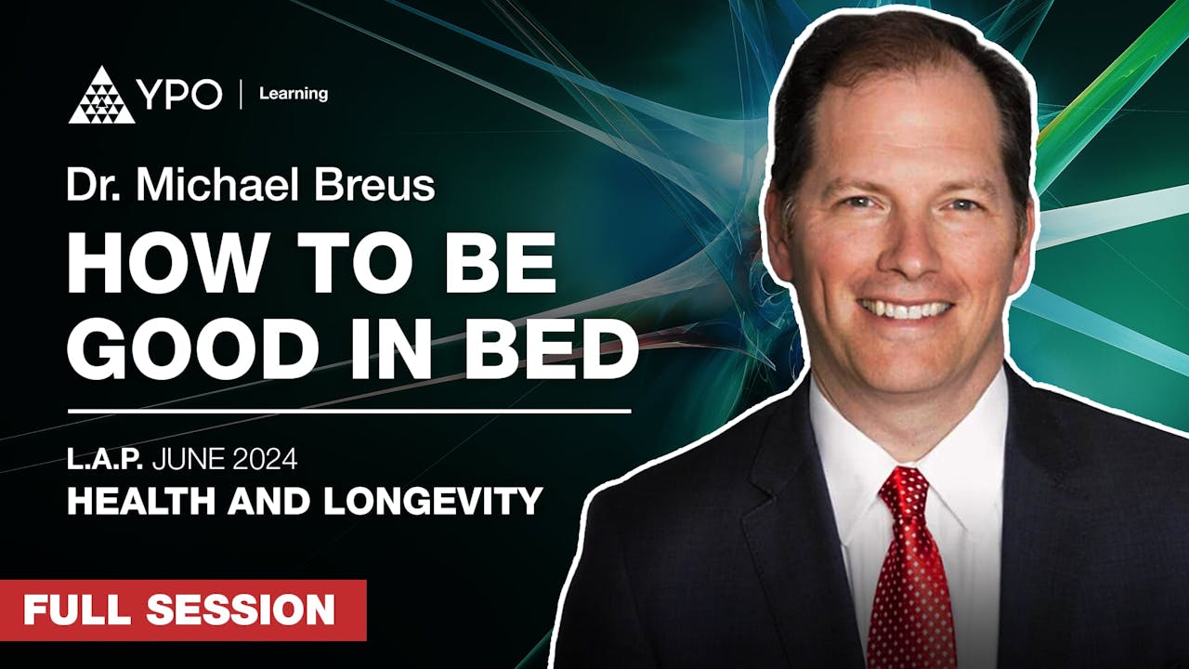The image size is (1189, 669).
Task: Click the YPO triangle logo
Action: click(x=101, y=96)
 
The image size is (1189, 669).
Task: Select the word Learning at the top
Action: click(x=294, y=94)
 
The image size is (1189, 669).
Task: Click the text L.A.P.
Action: click(x=101, y=458)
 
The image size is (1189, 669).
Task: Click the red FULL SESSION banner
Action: click(x=183, y=610)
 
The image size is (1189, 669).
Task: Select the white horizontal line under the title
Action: click(x=349, y=410)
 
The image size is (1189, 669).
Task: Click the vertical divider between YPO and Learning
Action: click(x=242, y=95)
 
